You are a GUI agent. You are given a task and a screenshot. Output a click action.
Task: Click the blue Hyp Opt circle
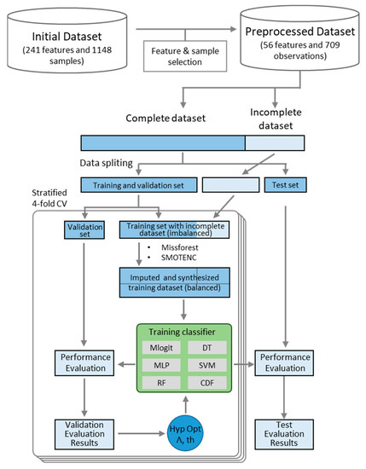point(187,433)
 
